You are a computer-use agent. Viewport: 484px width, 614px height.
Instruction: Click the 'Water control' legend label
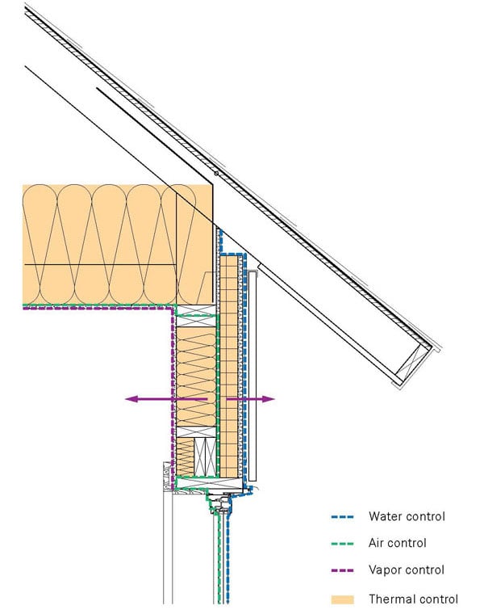(x=406, y=515)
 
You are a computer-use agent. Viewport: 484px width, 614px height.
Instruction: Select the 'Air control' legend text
(x=397, y=543)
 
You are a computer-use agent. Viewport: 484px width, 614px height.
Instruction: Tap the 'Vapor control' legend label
(x=406, y=570)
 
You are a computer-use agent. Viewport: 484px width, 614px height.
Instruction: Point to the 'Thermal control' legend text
(x=413, y=599)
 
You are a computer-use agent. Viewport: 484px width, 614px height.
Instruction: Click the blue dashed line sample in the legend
(x=344, y=515)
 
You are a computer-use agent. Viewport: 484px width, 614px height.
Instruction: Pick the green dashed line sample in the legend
(x=344, y=543)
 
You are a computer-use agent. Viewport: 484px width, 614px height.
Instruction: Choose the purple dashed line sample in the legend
(x=344, y=570)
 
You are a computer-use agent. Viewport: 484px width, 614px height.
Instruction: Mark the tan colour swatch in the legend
(x=344, y=599)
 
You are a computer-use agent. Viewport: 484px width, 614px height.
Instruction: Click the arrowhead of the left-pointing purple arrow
(x=130, y=398)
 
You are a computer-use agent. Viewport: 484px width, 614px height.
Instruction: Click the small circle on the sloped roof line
(x=216, y=174)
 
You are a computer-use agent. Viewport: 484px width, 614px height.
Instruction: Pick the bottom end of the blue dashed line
(x=232, y=602)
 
